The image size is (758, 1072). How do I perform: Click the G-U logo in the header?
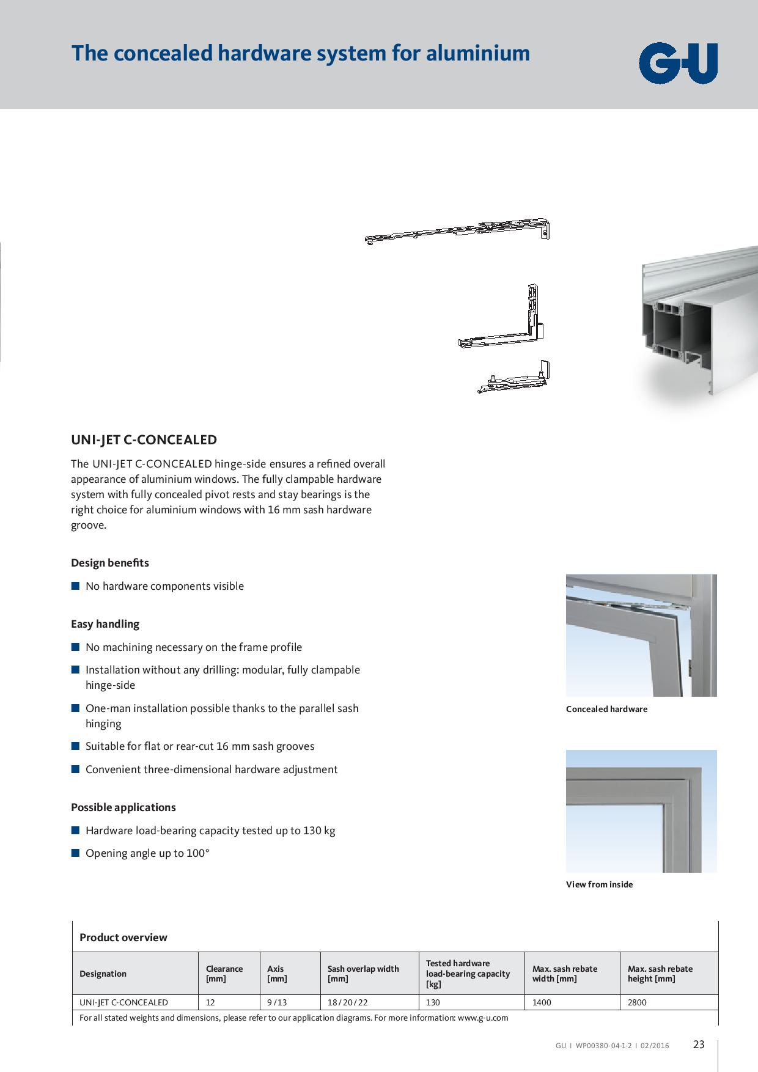click(x=678, y=63)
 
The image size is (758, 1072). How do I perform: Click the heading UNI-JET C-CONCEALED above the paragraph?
click(x=144, y=439)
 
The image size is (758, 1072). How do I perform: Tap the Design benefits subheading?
click(x=110, y=562)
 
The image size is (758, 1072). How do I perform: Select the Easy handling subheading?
click(x=105, y=623)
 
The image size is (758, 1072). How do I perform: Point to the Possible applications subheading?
click(x=123, y=807)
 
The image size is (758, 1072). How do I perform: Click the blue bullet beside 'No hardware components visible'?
click(x=75, y=586)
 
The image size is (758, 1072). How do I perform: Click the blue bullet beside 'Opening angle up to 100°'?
click(x=75, y=853)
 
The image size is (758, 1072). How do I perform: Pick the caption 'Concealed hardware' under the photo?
click(x=606, y=709)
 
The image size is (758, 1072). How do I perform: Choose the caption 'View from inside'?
click(x=599, y=884)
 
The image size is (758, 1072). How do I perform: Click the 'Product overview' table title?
click(x=123, y=937)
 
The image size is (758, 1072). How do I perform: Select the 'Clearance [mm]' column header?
click(x=224, y=973)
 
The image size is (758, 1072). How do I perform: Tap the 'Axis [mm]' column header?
click(x=277, y=973)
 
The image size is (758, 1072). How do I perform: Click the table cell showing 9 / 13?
click(x=276, y=1002)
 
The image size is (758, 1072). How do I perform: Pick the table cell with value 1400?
click(x=542, y=1002)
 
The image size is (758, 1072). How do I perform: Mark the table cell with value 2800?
click(x=637, y=1002)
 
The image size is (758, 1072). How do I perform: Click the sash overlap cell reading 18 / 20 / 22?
click(x=347, y=1002)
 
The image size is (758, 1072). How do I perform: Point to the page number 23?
click(x=699, y=1044)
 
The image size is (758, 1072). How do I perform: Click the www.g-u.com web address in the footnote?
click(x=483, y=1018)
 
